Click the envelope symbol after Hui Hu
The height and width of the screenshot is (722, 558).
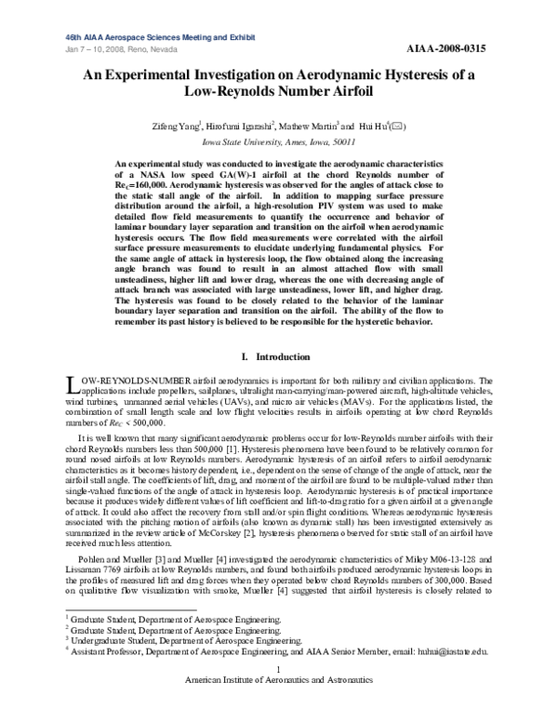pos(397,126)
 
